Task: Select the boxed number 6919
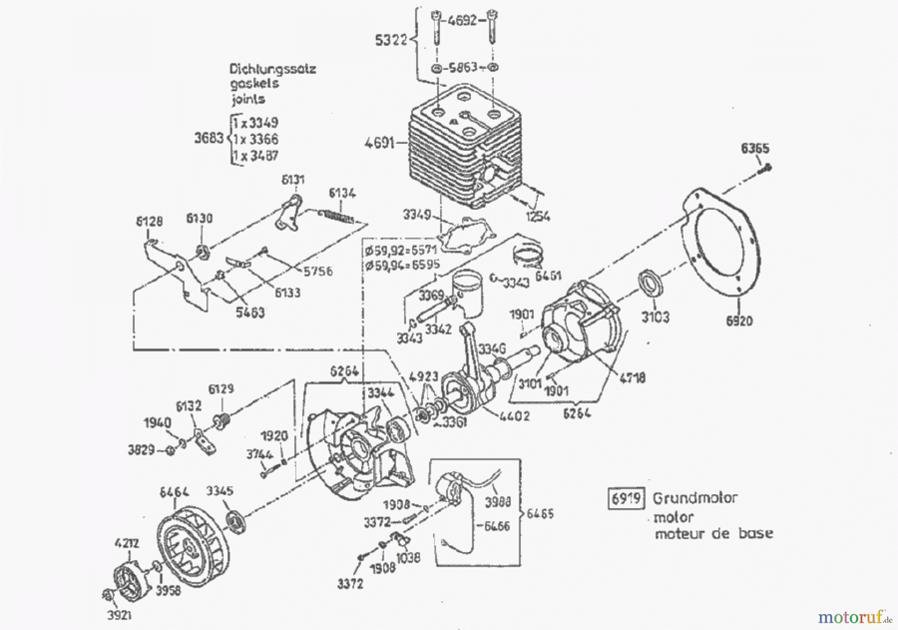(626, 498)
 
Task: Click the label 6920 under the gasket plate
(739, 321)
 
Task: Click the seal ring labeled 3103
(650, 284)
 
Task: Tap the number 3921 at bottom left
(119, 615)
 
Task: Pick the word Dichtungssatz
(272, 68)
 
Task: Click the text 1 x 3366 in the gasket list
(255, 139)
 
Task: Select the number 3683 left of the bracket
(209, 138)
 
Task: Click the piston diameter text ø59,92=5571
(401, 250)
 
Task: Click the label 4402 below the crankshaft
(513, 415)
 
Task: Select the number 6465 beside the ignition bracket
(540, 513)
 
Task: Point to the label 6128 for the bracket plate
(149, 221)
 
